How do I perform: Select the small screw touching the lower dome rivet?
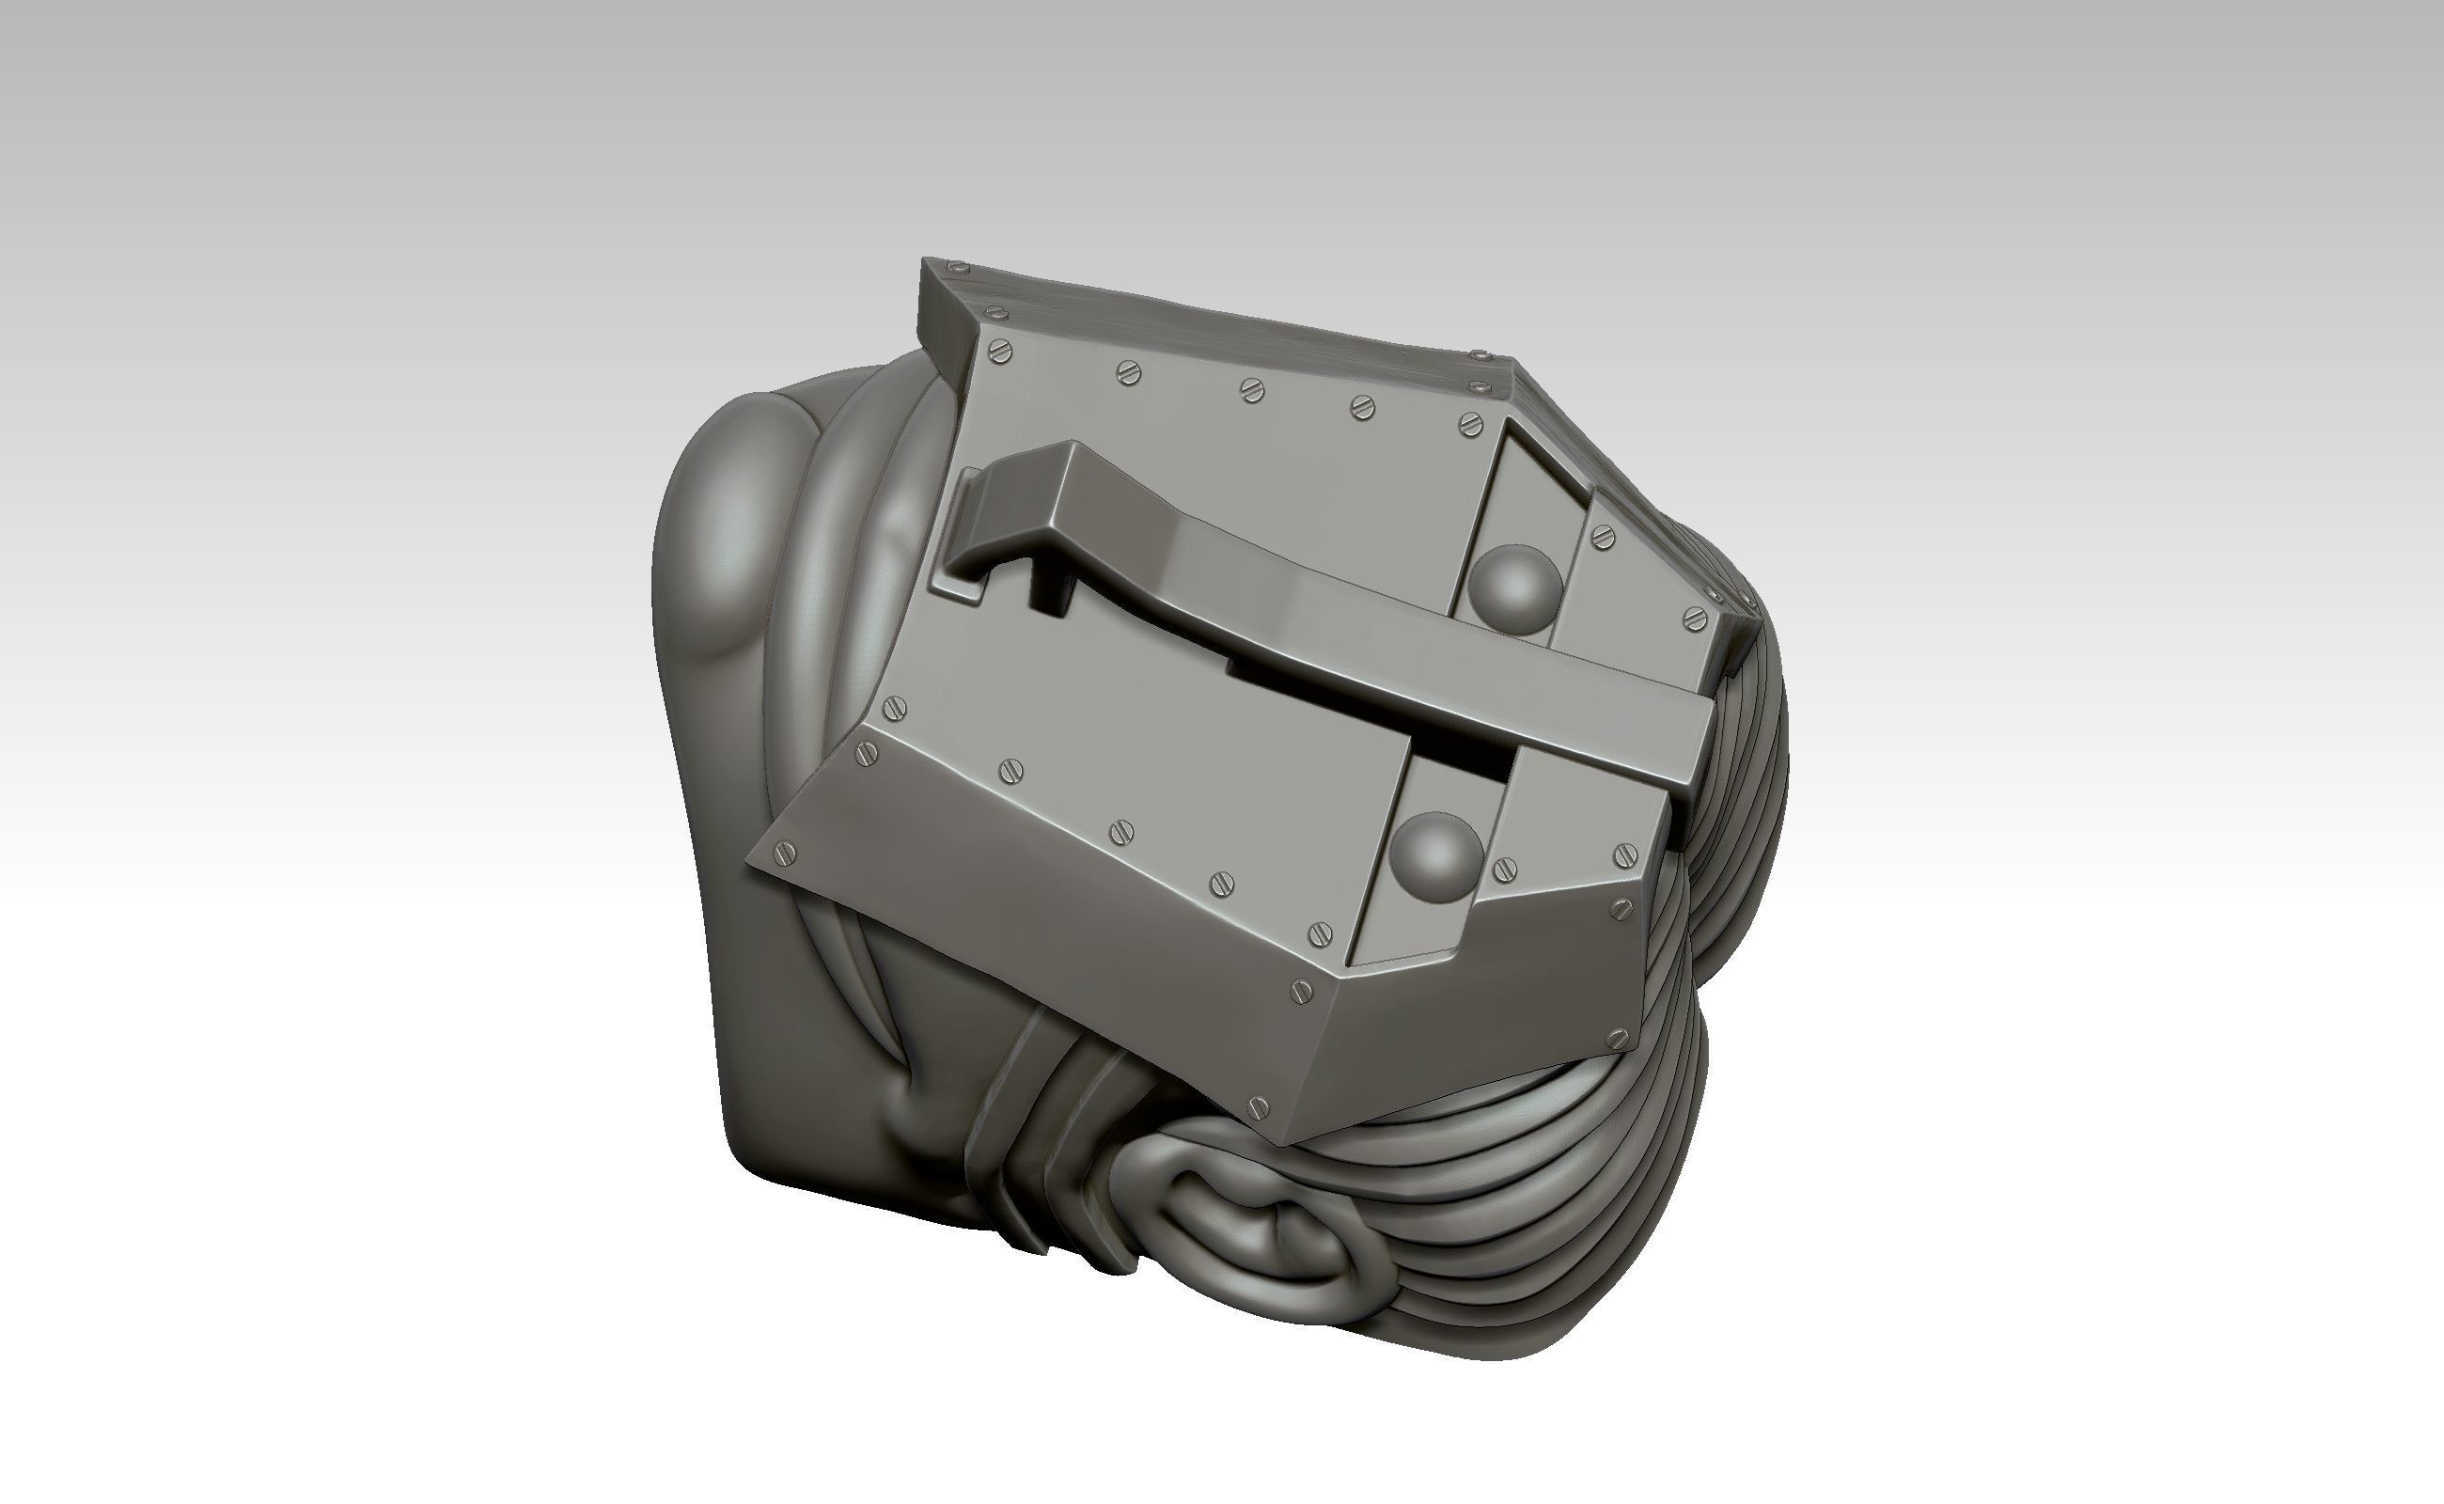pos(1505,868)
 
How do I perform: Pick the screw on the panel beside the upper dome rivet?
pos(1601,537)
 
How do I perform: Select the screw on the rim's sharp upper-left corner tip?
pos(958,268)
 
